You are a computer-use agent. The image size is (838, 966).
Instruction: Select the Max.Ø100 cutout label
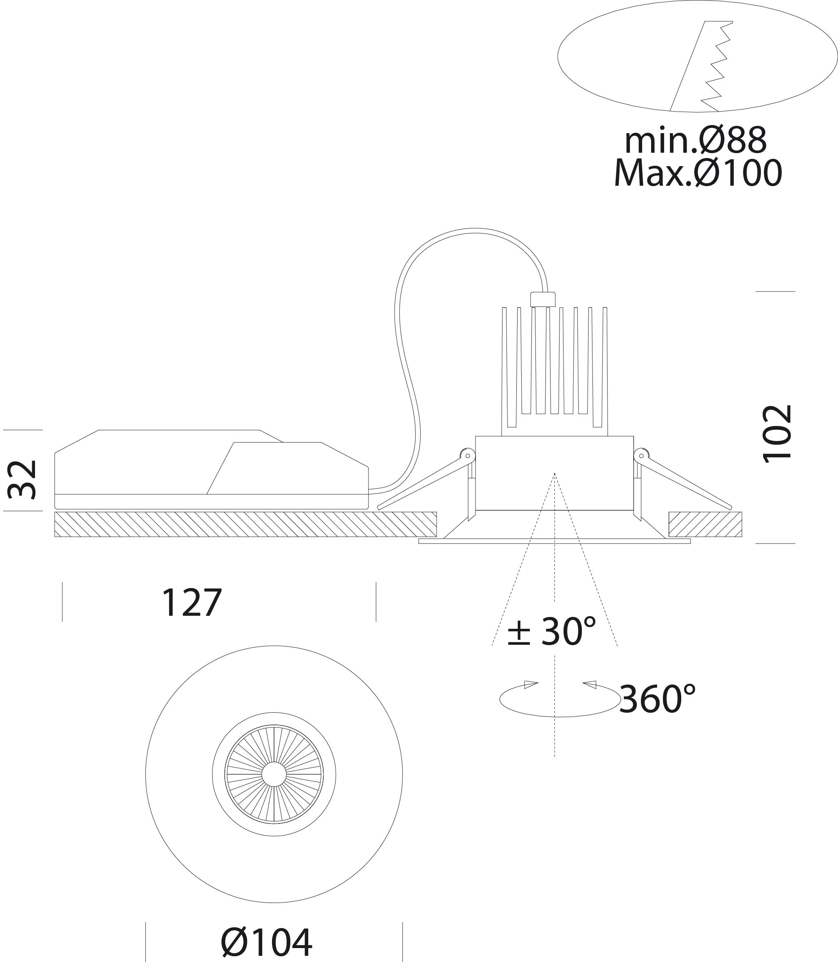pos(698,173)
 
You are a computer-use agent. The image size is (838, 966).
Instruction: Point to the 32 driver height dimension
pos(22,479)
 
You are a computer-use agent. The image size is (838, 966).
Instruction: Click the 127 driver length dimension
pos(191,603)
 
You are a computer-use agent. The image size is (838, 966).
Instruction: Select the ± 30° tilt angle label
pos(552,631)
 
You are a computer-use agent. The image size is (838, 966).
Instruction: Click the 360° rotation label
pos(658,699)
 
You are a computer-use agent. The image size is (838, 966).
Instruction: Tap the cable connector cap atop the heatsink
pos(542,299)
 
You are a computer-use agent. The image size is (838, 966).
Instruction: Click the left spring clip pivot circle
pos(467,456)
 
